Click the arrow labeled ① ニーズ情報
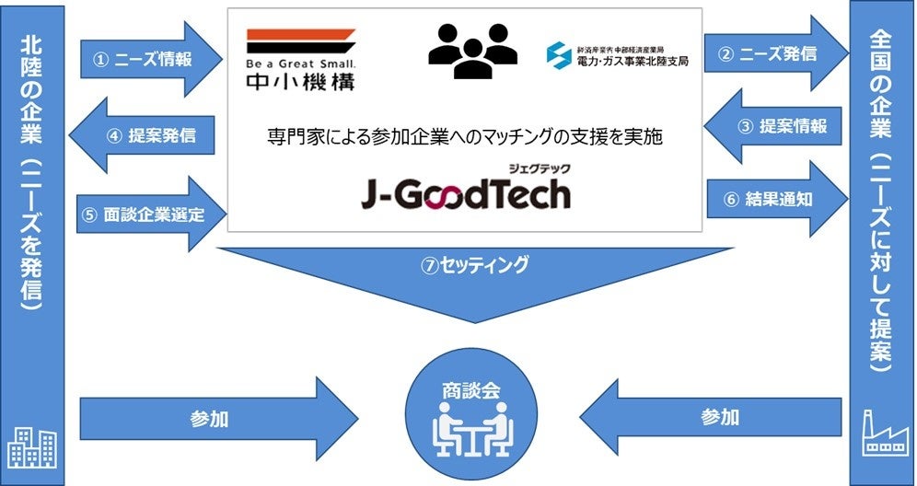147,61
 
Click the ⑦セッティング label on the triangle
475,266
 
